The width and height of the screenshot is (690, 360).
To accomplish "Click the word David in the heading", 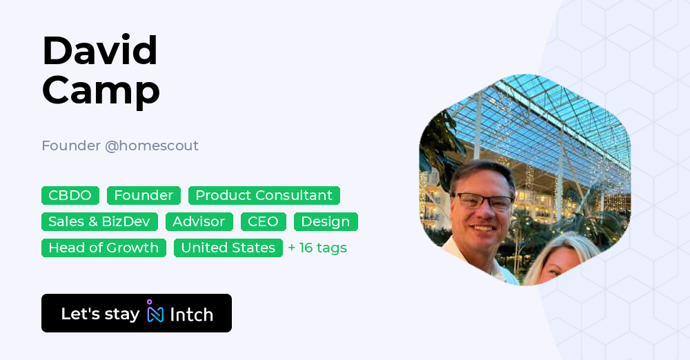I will [x=100, y=50].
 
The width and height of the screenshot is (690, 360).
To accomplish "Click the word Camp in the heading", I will [x=101, y=90].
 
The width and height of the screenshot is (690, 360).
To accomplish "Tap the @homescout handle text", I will [x=152, y=146].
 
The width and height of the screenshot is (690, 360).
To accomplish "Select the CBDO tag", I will [x=70, y=195].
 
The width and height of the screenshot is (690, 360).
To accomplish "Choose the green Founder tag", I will [x=144, y=195].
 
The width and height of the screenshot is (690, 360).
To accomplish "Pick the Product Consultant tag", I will [x=264, y=195].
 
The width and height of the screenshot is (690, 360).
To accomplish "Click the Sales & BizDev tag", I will [x=100, y=221].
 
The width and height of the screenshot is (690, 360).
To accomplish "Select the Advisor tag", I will [x=199, y=221].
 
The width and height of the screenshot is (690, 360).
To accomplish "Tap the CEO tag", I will [x=264, y=221].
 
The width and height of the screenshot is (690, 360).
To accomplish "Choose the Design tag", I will [x=326, y=221].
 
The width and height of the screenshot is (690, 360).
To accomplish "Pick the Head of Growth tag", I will [x=103, y=248].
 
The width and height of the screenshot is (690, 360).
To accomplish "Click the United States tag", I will [x=228, y=248].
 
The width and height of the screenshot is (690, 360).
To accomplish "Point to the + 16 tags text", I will [x=317, y=248].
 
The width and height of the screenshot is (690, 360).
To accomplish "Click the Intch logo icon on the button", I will [x=155, y=312].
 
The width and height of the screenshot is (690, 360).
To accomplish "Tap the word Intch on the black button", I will [x=191, y=314].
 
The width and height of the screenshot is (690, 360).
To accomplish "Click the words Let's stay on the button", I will [x=100, y=314].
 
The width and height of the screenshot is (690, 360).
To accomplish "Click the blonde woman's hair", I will [x=566, y=252].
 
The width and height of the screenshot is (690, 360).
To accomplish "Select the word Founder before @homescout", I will [x=70, y=146].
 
